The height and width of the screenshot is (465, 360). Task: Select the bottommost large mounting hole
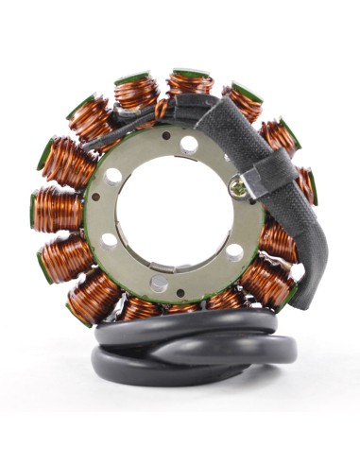tap(160, 283)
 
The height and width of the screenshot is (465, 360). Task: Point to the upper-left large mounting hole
tap(113, 176)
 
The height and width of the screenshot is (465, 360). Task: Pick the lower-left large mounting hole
tap(110, 241)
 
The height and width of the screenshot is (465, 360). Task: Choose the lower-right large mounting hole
tap(233, 252)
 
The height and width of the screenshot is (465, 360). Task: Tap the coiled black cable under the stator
tap(189, 354)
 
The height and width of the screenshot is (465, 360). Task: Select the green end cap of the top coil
tap(192, 72)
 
